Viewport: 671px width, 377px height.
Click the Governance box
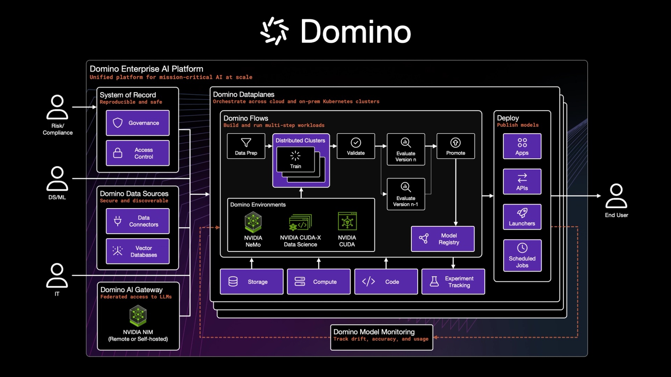pyautogui.click(x=137, y=123)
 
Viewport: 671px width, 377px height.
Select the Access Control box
pyautogui.click(x=137, y=153)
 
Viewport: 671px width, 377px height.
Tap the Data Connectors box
pyautogui.click(x=137, y=221)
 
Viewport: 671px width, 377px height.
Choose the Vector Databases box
pyautogui.click(x=137, y=251)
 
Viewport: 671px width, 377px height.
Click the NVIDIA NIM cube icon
pyautogui.click(x=138, y=316)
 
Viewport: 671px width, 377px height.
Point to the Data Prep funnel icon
pyautogui.click(x=246, y=142)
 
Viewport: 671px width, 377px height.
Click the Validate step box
pyautogui.click(x=356, y=146)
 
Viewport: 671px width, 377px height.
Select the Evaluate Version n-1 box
pyautogui.click(x=406, y=194)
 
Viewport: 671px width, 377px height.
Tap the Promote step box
pyautogui.click(x=455, y=146)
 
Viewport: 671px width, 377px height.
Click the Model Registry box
pyautogui.click(x=442, y=239)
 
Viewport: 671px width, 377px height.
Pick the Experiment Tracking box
pyautogui.click(x=453, y=282)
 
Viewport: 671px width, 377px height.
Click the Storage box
pyautogui.click(x=252, y=282)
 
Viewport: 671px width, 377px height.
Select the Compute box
pyautogui.click(x=318, y=282)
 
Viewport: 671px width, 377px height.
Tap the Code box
pyautogui.click(x=386, y=282)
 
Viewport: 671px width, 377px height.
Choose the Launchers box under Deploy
pyautogui.click(x=522, y=217)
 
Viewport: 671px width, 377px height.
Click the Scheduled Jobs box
pyautogui.click(x=522, y=256)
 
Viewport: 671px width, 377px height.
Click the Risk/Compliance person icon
pyautogui.click(x=57, y=107)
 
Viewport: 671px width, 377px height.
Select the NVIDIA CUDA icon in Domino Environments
pyautogui.click(x=347, y=221)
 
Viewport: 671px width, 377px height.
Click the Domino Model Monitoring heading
pyautogui.click(x=374, y=332)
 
